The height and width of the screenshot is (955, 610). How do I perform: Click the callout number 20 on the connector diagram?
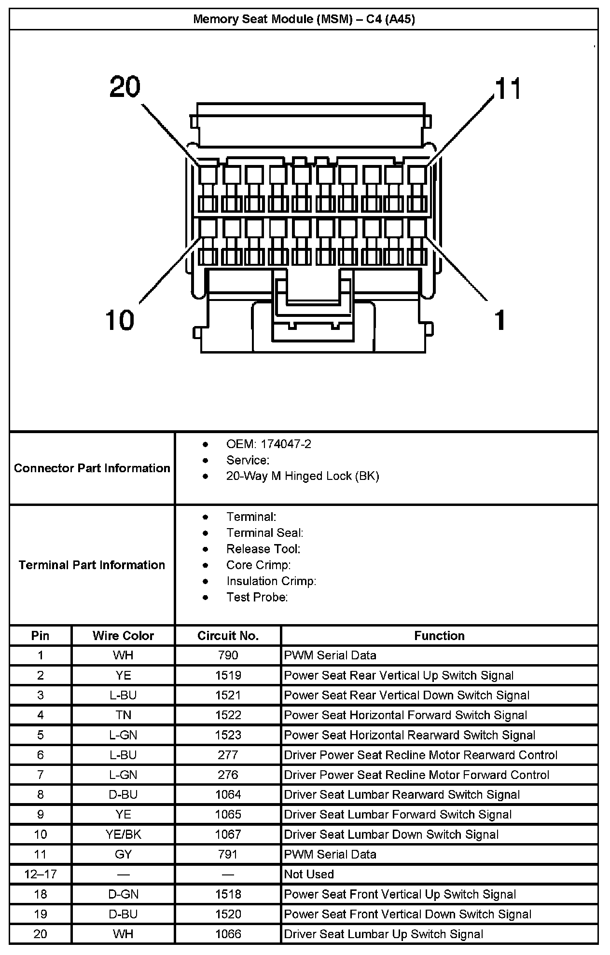click(x=125, y=87)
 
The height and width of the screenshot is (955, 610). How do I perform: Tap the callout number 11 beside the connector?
click(x=507, y=89)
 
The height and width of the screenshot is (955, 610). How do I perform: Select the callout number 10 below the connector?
click(x=120, y=320)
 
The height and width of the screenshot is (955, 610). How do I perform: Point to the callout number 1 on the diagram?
click(x=500, y=320)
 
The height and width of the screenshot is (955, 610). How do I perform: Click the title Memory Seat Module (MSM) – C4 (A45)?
click(x=304, y=19)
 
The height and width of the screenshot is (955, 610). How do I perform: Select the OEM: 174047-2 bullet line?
click(x=268, y=444)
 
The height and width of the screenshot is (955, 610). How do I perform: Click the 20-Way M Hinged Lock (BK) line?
click(x=303, y=476)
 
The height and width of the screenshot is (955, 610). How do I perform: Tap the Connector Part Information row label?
click(x=92, y=468)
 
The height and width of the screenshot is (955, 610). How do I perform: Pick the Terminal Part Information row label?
click(x=92, y=565)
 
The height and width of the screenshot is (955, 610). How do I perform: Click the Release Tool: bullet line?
click(x=263, y=549)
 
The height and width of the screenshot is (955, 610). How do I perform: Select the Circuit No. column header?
click(x=228, y=636)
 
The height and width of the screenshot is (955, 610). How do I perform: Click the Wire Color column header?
click(x=123, y=636)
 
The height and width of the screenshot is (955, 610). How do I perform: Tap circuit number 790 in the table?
click(x=228, y=655)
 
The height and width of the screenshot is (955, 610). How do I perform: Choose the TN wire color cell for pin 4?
click(x=123, y=715)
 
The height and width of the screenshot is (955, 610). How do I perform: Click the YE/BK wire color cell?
click(x=123, y=834)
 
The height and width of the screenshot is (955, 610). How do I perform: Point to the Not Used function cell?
click(x=309, y=874)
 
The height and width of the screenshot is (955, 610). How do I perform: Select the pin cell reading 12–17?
click(x=40, y=874)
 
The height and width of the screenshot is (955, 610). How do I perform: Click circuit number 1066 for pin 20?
click(x=228, y=934)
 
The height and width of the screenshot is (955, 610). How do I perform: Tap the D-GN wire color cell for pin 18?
click(x=123, y=894)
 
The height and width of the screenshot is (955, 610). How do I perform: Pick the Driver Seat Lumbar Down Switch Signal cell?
click(x=391, y=834)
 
